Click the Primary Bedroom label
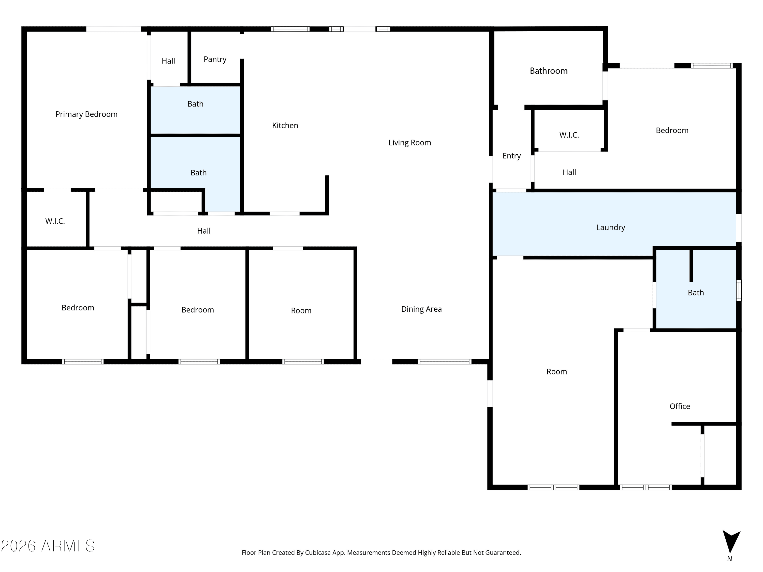[86, 114]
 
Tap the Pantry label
[215, 59]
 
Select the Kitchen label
[285, 126]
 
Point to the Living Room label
[410, 143]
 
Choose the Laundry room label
[611, 228]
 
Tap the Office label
[680, 406]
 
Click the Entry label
[511, 156]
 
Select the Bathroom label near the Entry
[548, 71]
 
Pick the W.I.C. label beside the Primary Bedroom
[55, 221]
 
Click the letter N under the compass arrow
[729, 559]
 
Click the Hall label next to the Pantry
[168, 61]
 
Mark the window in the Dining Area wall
[444, 362]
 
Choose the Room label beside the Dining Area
[301, 311]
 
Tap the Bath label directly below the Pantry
[195, 104]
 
